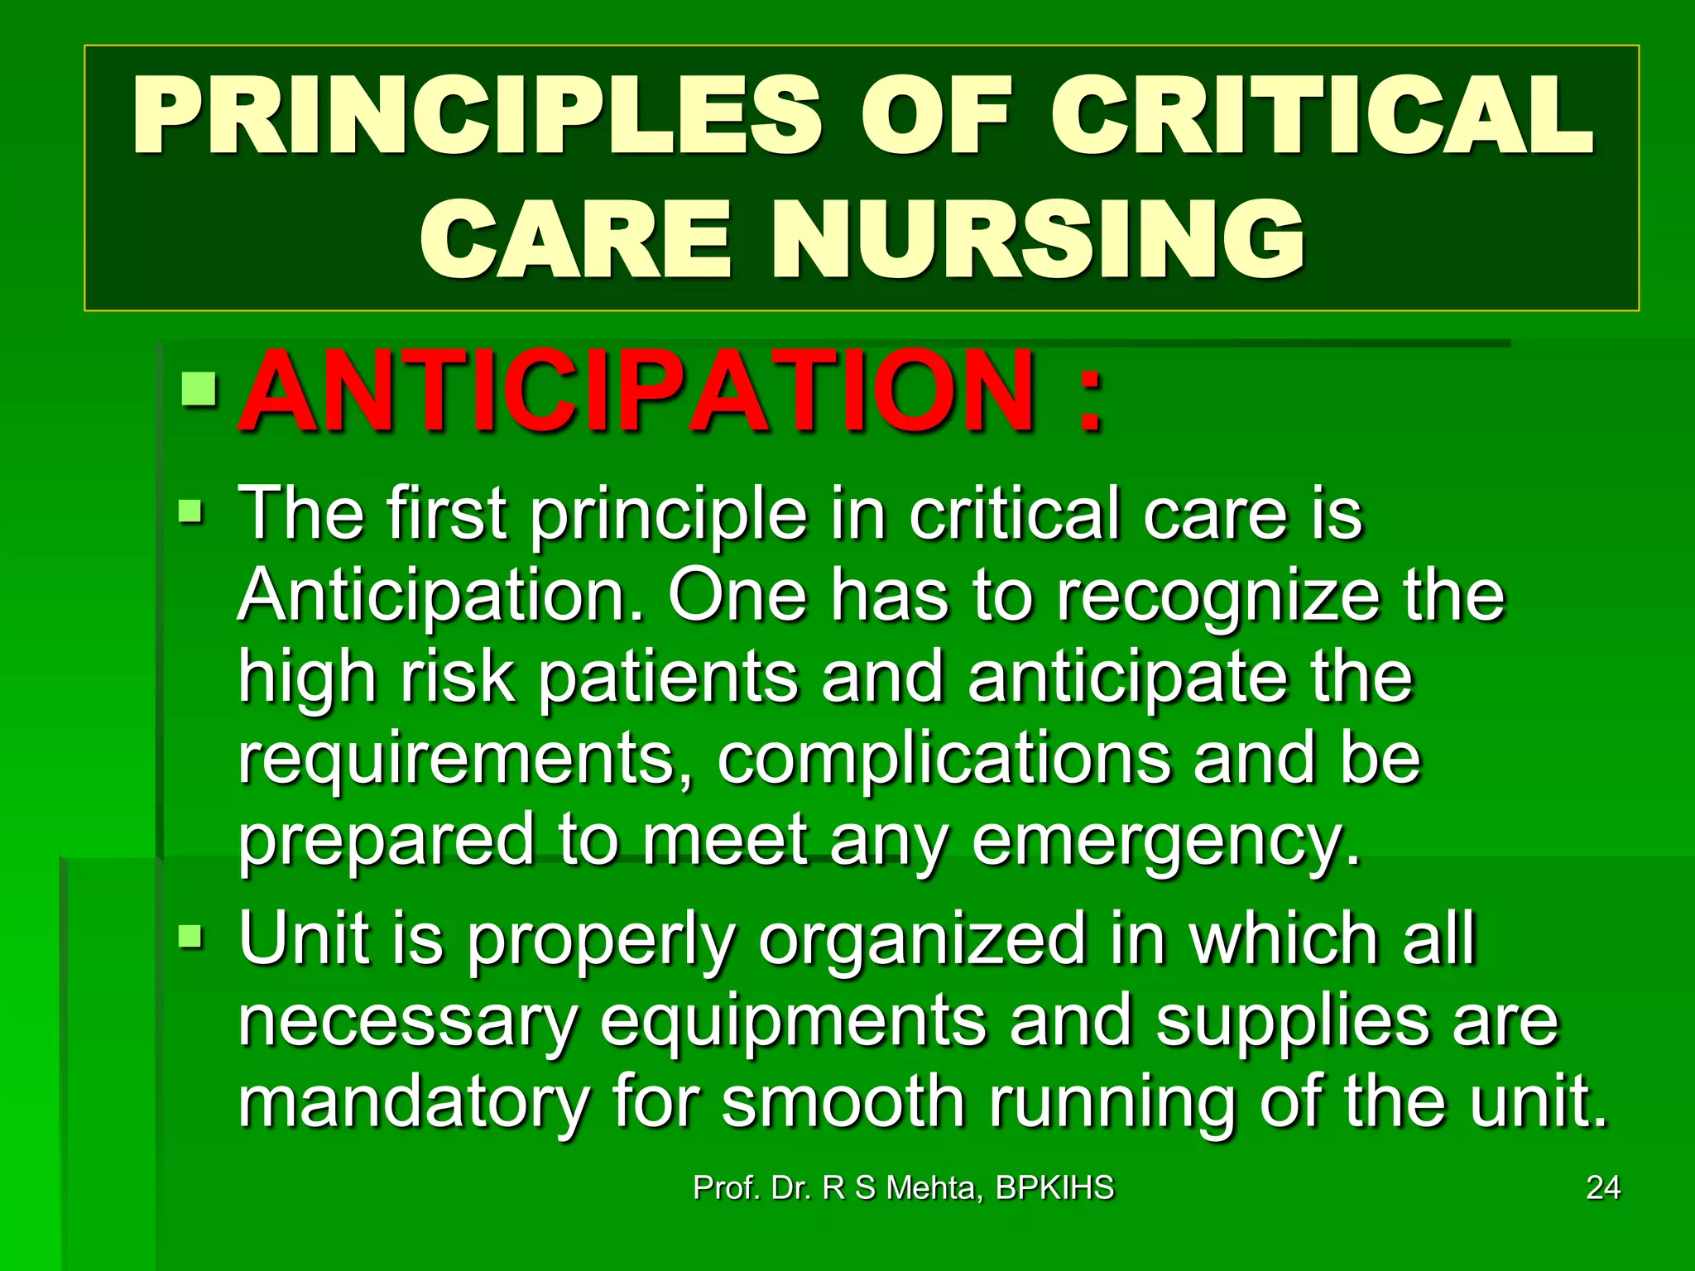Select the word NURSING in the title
1039,240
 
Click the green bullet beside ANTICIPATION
199,390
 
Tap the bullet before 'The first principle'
190,512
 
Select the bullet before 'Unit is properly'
190,938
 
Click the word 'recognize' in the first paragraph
1217,597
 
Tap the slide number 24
1602,1188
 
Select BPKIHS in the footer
1054,1188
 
